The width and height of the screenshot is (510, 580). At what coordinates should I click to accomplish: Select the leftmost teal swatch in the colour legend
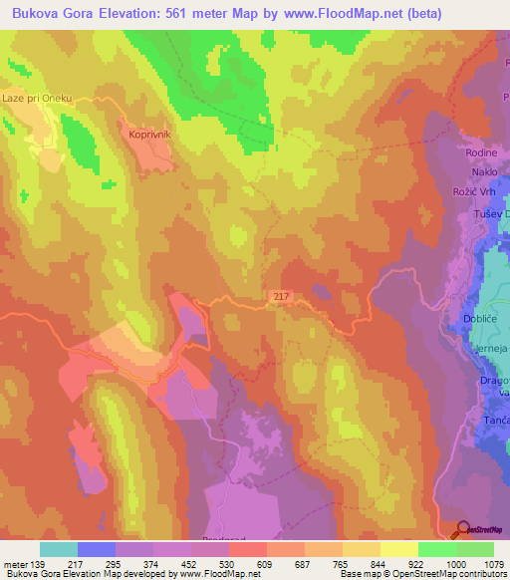(x=59, y=549)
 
